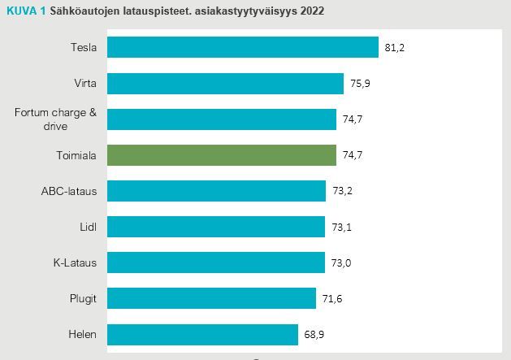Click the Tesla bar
[242, 47]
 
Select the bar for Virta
[225, 83]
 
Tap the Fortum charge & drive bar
[221, 119]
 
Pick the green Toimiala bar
[221, 155]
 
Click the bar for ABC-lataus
[216, 191]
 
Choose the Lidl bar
[216, 227]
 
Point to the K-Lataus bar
[215, 262]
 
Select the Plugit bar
[211, 298]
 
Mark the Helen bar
[202, 334]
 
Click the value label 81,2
[395, 48]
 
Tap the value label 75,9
[360, 84]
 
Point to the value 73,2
[342, 192]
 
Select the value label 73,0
[341, 263]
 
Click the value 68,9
[314, 335]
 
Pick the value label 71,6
[331, 299]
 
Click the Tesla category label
[84, 47]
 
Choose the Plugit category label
[83, 298]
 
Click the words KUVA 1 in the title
[24, 11]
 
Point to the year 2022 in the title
[313, 11]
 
